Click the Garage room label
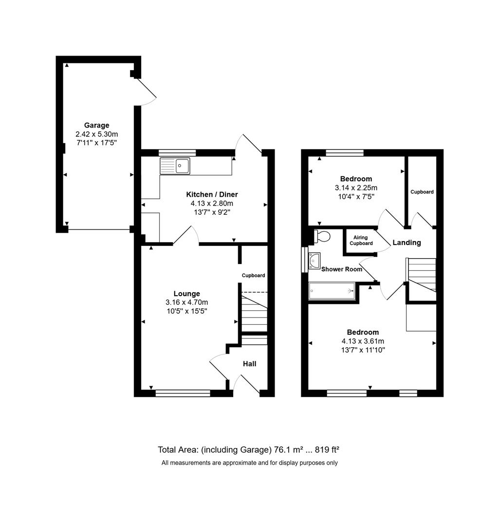point(96,125)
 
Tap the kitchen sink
point(183,166)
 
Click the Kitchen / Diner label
point(212,194)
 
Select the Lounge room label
point(186,294)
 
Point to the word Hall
point(249,364)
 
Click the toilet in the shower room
point(322,237)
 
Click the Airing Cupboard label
point(361,241)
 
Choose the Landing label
point(407,243)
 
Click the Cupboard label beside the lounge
point(254,276)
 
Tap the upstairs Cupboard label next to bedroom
point(422,192)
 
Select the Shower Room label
point(342,269)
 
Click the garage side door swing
point(146,93)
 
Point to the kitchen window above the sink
point(177,152)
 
